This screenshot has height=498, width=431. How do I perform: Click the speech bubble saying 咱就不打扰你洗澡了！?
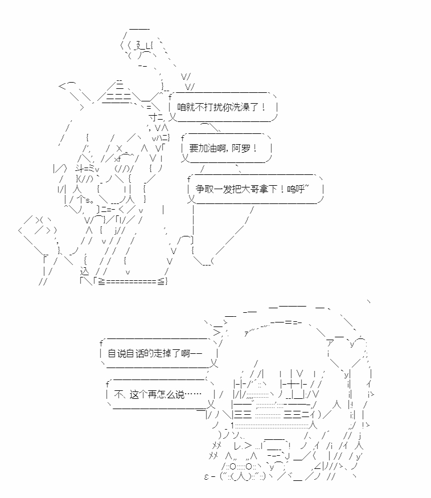223,107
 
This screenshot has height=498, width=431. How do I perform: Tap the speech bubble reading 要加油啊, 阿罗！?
226,148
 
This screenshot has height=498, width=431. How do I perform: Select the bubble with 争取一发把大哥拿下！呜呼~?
255,189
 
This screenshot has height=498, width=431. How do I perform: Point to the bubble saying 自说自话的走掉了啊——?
159,353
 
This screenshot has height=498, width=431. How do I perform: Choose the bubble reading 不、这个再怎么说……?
161,394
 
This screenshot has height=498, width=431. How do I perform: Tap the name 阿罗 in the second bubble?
241,148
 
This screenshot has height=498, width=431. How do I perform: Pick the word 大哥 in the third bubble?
251,189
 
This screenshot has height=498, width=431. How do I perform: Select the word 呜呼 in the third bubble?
296,189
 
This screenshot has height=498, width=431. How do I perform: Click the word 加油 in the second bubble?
207,148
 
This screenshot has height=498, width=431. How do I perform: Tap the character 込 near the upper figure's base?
84,272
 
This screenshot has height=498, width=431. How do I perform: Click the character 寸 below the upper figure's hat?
154,117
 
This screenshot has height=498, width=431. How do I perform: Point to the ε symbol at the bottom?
207,476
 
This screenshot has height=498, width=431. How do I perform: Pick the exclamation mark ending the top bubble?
264,107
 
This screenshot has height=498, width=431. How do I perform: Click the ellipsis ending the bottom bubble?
193,394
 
